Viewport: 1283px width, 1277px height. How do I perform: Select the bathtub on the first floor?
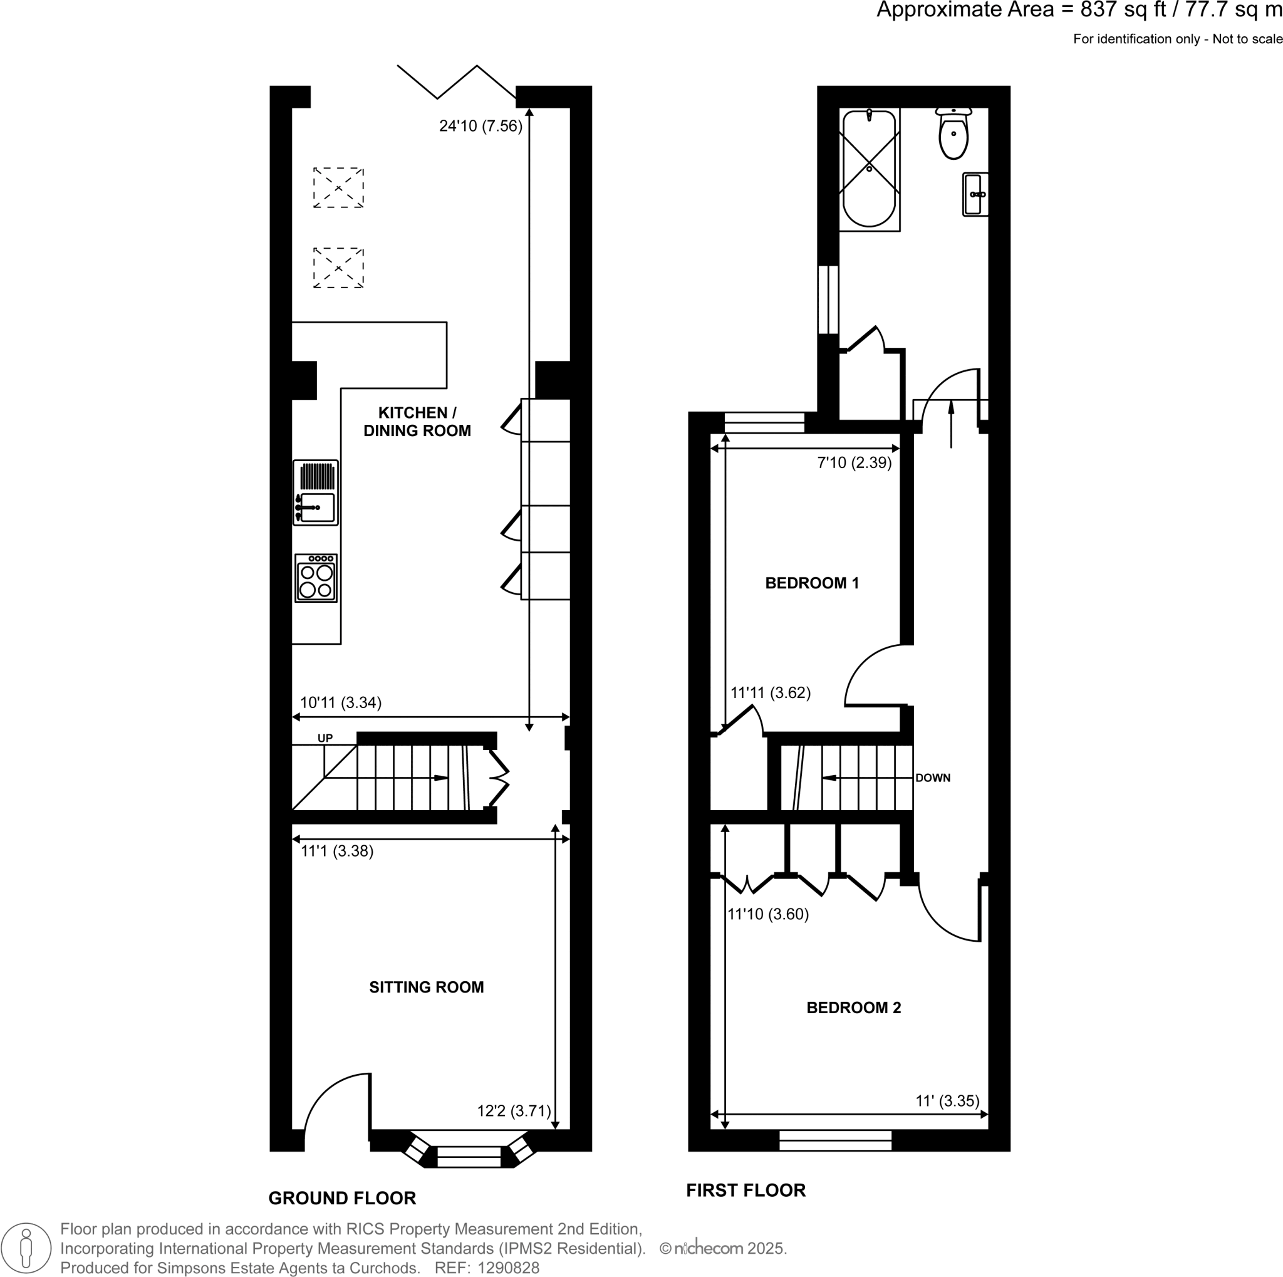coord(869,169)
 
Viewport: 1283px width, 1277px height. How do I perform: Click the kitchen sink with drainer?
coord(316,493)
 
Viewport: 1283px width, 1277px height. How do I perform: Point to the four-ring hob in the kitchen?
coord(316,578)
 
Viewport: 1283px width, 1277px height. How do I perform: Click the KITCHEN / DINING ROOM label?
coord(417,422)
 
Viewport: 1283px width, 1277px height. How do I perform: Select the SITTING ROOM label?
coord(427,988)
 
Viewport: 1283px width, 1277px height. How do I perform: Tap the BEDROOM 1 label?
coord(811,583)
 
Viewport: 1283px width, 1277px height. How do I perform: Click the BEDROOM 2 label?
coord(853,1008)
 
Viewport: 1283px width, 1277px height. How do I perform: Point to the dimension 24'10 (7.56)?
coord(480,126)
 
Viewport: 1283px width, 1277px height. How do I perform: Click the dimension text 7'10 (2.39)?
coord(854,463)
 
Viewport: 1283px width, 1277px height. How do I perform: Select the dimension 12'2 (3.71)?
coord(514,1111)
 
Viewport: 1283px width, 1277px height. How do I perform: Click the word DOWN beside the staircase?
coord(932,778)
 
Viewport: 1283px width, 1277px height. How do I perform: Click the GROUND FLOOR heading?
coord(342,1199)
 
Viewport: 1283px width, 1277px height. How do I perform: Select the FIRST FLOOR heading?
coord(745,1191)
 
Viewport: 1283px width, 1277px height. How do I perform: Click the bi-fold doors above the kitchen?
coord(457,83)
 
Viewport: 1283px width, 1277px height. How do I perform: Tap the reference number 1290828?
coord(508,1268)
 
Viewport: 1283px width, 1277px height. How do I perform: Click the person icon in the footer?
coord(26,1248)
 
